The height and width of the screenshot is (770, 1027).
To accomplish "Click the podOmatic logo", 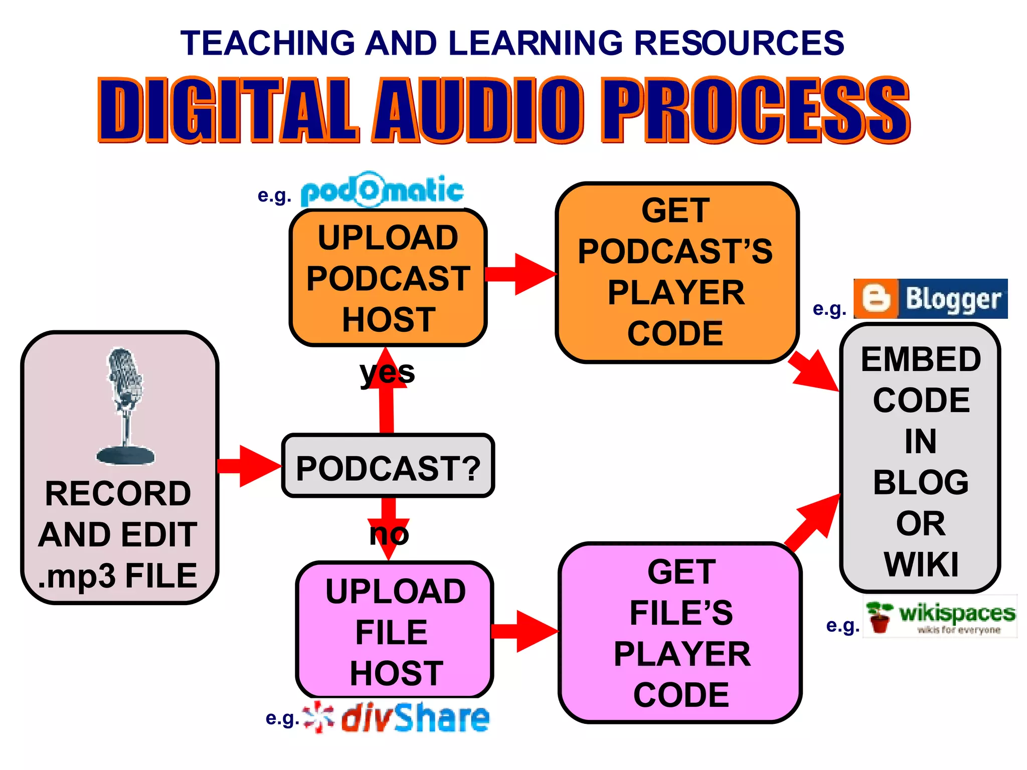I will (x=382, y=191).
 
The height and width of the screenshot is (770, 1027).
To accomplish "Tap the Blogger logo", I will (x=930, y=299).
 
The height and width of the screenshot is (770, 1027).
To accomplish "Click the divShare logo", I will (x=396, y=718).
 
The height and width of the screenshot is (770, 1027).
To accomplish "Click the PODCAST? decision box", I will (x=388, y=466).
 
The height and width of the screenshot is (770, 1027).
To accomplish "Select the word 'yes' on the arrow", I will (x=387, y=373).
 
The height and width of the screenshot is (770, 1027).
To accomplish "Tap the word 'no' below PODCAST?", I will (x=389, y=534).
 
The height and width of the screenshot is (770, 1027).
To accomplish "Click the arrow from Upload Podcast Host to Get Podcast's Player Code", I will (x=522, y=274).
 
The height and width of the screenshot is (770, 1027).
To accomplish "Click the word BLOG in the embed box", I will (x=921, y=483).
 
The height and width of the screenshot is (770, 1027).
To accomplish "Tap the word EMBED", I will (x=921, y=359).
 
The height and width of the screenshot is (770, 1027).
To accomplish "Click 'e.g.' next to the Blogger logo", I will (x=829, y=309).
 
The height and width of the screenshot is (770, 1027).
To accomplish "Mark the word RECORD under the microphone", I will (x=118, y=494).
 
